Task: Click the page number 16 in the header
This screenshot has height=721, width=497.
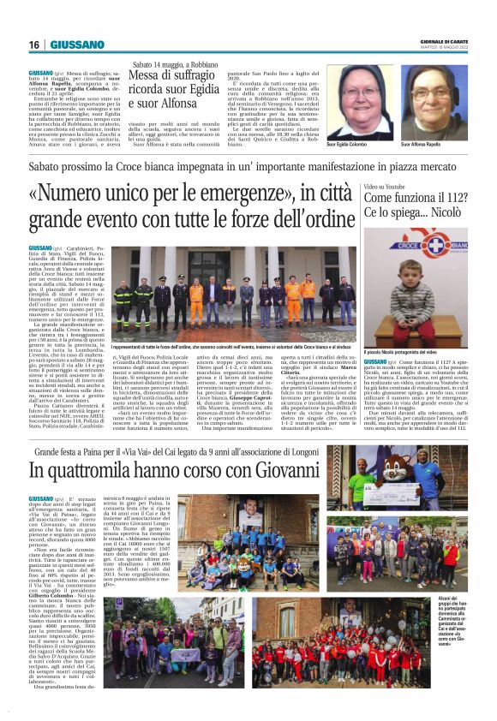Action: point(33,45)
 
